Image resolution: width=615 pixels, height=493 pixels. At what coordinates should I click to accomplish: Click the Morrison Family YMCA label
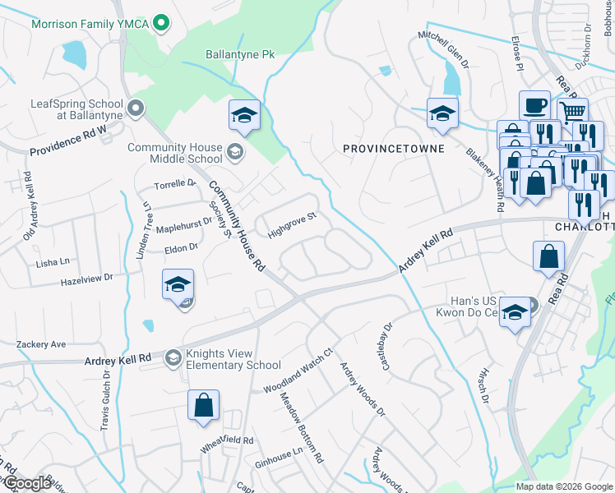click(90, 24)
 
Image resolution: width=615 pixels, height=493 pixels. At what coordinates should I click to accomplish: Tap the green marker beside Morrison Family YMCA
click(162, 24)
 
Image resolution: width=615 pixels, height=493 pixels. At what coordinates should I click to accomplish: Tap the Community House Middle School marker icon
click(234, 151)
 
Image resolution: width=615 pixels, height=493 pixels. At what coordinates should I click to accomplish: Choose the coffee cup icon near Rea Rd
click(534, 104)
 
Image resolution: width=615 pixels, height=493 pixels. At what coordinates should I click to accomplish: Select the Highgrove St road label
click(292, 224)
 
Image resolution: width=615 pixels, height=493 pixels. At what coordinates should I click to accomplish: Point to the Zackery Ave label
click(39, 344)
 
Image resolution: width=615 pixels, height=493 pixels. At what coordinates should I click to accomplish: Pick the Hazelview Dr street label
click(86, 280)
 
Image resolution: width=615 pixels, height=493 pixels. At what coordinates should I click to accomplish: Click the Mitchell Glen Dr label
click(443, 49)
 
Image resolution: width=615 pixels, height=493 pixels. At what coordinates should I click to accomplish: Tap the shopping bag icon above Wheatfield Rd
click(203, 406)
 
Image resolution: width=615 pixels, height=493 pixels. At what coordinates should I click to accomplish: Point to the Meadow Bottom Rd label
click(301, 425)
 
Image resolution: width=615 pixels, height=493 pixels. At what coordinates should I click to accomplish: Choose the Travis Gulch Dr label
click(105, 408)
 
